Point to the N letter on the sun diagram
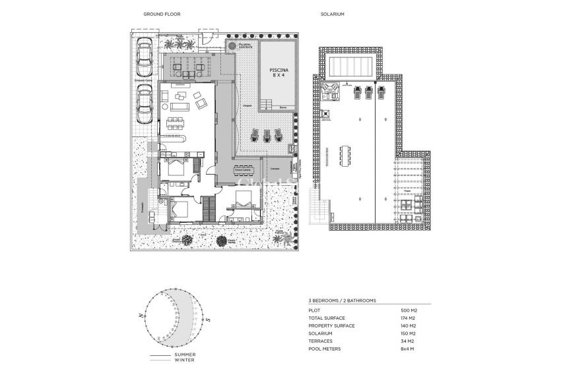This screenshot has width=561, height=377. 141,316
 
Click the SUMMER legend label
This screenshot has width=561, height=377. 184,355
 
